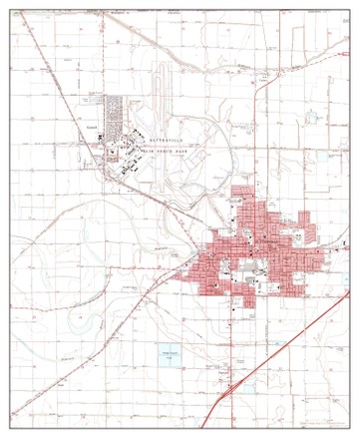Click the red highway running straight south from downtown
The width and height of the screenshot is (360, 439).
pyautogui.click(x=248, y=329)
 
